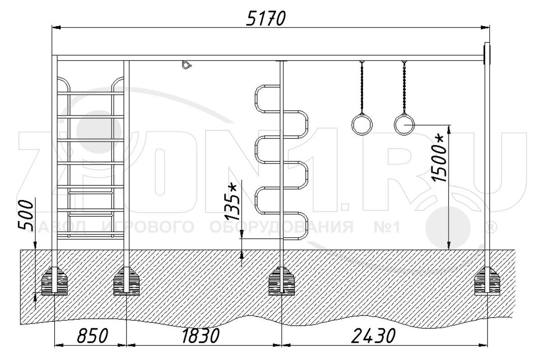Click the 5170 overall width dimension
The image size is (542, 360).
pos(266,19)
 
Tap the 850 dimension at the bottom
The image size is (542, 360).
pos(93,336)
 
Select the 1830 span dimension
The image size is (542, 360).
pos(201,336)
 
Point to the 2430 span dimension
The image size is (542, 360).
pos(373,336)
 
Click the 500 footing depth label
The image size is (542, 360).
pos(26,215)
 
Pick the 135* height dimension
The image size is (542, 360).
pos(232,202)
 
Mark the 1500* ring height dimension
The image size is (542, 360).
pos(439,159)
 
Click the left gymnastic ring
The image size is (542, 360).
pos(362,125)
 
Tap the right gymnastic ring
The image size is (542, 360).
pos(404,125)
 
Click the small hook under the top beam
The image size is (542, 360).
pos(186,65)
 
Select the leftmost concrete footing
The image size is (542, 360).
pos(55,281)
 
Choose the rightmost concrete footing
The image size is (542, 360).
pos(487,281)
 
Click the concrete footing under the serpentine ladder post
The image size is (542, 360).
pos(281,281)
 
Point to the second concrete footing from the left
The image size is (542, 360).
pos(126,281)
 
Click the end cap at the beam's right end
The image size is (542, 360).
pos(487,53)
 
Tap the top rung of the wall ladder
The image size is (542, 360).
pos(90,93)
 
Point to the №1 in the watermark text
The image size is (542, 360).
pos(387,227)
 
